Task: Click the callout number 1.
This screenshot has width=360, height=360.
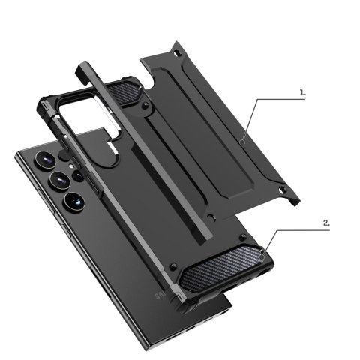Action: point(304,93)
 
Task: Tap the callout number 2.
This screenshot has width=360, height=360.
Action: point(325,223)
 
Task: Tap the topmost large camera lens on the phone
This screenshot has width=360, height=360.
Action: point(43,161)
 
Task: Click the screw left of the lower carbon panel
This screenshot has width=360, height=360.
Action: point(172,266)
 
